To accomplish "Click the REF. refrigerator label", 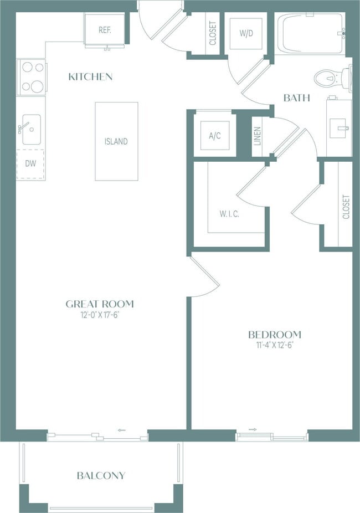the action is tap(105, 30).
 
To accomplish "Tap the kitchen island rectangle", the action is tap(116, 141).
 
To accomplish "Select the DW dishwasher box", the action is tap(30, 164).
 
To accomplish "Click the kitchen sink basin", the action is tap(32, 129).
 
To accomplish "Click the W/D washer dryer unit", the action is tap(246, 33).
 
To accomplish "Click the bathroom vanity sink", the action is tap(340, 128).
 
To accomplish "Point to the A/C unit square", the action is tap(215, 135).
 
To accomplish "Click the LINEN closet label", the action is tap(258, 136).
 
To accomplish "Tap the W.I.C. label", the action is tap(229, 214).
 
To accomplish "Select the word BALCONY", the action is tap(101, 475).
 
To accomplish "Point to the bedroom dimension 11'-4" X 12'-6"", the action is tap(274, 345).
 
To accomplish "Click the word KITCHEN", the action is tap(91, 77).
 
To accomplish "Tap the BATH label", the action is tap(296, 98).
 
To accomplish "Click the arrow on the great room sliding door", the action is tap(122, 430).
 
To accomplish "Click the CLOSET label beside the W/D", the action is tap(213, 33).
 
